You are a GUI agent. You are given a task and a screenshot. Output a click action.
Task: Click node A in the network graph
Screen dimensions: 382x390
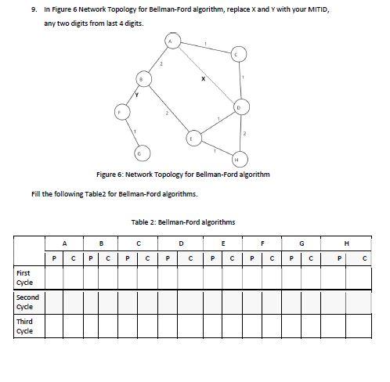pos(170,40)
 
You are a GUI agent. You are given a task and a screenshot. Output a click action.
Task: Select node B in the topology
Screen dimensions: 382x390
pos(142,79)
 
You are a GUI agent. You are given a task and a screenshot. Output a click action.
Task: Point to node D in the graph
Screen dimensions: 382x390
pos(240,106)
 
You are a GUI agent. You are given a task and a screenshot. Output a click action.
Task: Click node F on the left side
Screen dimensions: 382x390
pos(119,112)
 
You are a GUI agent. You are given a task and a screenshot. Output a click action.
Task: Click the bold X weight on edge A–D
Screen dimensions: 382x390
pos(203,77)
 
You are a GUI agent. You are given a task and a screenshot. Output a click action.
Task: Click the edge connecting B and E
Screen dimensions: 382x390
pos(167,109)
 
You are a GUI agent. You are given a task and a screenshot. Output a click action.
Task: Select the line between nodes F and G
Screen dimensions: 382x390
pos(130,131)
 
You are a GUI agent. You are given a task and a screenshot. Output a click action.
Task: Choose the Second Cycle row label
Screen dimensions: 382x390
pos(27,301)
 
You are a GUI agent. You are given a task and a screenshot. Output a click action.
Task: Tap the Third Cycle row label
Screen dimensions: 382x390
pos(24,326)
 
